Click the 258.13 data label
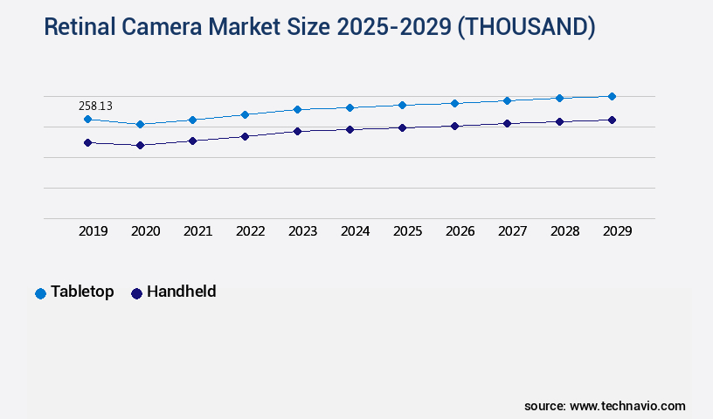pos(95,106)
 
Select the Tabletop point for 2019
pos(87,119)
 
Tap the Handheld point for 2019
pos(87,142)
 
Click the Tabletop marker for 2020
pos(140,124)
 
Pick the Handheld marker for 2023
pos(297,131)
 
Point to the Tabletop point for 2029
pos(612,96)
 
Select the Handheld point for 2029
pos(612,120)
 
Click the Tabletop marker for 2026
pos(454,103)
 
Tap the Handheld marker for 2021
pos(192,141)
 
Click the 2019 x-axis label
pos(93,231)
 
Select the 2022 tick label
pos(251,231)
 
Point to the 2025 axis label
pos(408,231)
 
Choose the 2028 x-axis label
pos(565,231)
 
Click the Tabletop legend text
pos(82,292)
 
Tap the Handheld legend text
pos(181,292)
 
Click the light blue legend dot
pos(40,293)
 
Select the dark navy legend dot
pos(136,293)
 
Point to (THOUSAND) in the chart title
pos(526,28)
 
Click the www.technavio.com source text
pos(627,406)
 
